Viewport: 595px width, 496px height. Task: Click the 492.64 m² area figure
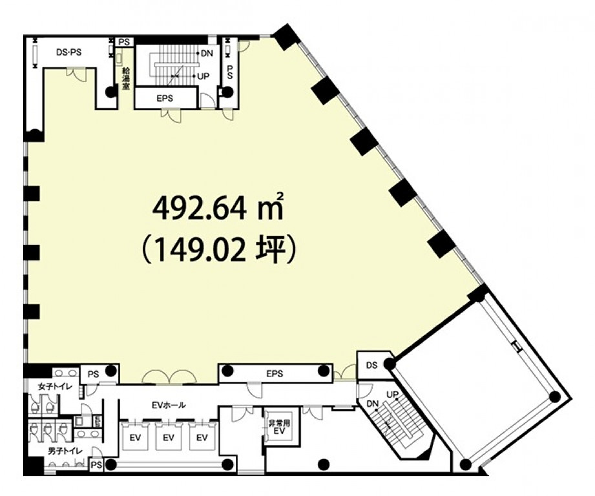218,208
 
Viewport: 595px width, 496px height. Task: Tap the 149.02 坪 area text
218,250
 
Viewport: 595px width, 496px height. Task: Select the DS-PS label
68,52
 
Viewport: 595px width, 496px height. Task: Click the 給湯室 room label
125,78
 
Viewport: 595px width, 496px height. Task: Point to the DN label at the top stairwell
207,54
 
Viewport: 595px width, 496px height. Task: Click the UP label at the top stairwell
204,77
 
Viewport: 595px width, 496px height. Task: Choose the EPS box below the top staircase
166,99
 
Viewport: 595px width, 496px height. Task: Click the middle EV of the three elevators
169,438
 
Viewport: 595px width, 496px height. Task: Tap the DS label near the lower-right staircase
372,365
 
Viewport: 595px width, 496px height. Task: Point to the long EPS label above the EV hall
275,374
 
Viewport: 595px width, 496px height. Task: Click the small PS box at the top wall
125,42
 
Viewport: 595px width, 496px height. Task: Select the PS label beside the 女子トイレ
93,375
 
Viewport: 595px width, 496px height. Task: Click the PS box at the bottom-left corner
96,464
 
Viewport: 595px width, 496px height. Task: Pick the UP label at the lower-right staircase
392,395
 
